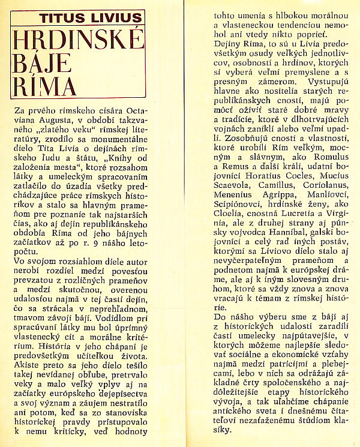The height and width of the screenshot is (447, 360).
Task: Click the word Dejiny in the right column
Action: pos(218,45)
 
